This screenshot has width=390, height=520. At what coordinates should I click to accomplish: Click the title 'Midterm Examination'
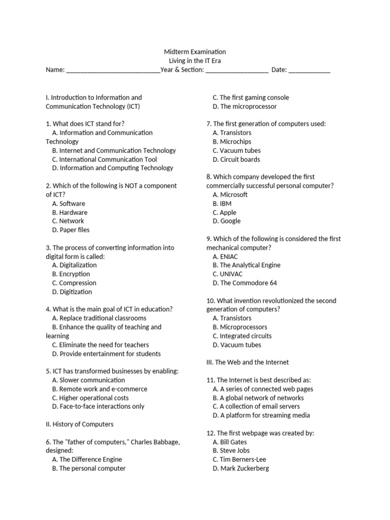point(195,52)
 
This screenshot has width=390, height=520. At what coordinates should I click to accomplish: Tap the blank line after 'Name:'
point(113,71)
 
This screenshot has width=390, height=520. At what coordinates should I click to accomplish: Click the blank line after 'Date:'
point(309,71)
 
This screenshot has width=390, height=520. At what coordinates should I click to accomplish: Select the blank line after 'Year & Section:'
point(236,71)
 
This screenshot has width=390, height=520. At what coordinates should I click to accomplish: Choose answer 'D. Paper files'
point(71,230)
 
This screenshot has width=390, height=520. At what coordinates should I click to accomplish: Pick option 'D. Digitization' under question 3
point(72,292)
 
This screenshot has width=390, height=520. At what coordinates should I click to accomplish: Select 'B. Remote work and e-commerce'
point(100,389)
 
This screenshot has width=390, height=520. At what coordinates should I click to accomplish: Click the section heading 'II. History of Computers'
point(80,424)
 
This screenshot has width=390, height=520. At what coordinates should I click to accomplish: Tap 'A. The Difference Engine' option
point(87,460)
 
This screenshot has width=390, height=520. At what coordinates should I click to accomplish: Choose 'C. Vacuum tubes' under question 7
point(237,150)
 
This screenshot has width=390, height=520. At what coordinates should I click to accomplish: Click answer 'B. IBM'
point(222,204)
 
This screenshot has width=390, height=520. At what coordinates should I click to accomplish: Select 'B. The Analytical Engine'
point(247,265)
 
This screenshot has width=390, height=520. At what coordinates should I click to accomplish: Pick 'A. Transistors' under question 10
point(232,318)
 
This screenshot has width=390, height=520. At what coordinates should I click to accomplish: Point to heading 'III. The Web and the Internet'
point(247,362)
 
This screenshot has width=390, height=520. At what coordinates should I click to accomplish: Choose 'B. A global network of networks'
point(258,398)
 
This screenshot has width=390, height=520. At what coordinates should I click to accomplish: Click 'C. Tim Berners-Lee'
point(240,460)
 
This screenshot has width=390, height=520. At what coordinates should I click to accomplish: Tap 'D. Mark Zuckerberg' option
point(241,468)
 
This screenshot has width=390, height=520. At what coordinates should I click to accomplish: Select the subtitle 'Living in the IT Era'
point(195,61)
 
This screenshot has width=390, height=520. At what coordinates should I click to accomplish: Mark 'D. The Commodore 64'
point(245,283)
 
